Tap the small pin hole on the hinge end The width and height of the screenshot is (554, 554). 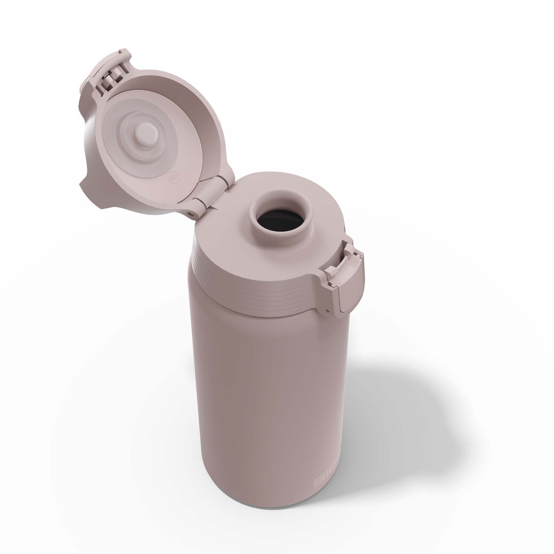191,213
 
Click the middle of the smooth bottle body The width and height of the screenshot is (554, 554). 266,406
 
